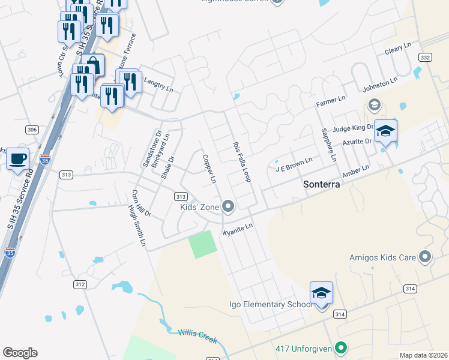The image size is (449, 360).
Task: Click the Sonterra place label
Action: [321, 185]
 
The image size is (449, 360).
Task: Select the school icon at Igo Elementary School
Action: [321, 293]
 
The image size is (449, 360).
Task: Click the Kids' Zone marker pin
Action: [228, 207]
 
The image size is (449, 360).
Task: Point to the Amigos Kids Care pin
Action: [425, 257]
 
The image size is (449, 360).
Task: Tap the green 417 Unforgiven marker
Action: [341, 348]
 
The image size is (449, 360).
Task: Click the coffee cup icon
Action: [18, 159]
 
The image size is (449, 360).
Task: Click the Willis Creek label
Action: [197, 336]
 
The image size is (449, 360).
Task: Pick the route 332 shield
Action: [425, 57]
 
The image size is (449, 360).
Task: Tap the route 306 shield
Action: [32, 130]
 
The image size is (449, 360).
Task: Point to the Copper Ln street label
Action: [209, 168]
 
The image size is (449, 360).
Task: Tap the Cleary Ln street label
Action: [398, 47]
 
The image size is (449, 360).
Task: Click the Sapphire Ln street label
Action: [328, 145]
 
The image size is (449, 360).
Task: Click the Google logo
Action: [20, 353]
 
